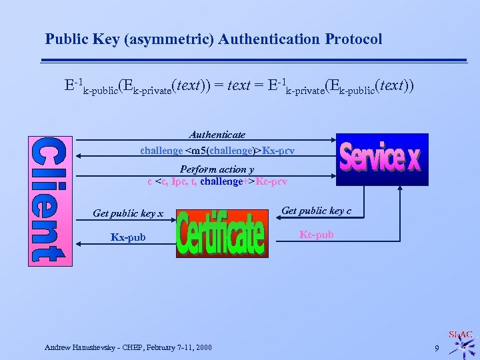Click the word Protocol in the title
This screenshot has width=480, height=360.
(353, 39)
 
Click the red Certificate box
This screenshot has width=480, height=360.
(221, 234)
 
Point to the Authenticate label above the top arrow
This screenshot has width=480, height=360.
(217, 134)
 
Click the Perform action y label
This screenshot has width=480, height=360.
(217, 169)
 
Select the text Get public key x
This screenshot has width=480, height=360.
(128, 213)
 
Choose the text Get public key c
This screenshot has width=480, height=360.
(317, 211)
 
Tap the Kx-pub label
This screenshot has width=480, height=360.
(128, 237)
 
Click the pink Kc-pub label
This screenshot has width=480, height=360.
(317, 235)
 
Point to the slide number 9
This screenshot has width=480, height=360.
(436, 348)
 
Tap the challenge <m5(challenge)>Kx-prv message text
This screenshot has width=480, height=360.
(217, 151)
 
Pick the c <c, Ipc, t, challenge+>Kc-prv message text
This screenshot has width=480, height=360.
(217, 181)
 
